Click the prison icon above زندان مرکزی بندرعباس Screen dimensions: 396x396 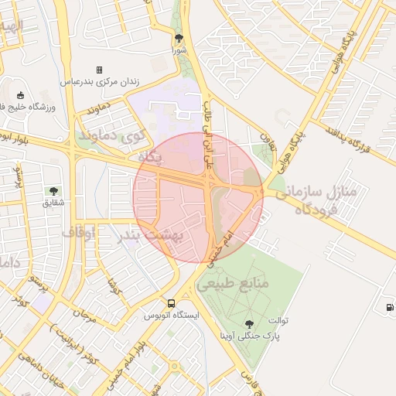coord(98,70)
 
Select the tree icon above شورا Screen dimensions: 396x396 coord(179,38)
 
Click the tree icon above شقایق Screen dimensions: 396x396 coord(53,191)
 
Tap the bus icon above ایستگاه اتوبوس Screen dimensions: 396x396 coord(171,304)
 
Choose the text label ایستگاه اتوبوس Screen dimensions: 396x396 coord(171,316)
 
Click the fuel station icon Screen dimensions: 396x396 coord(387,307)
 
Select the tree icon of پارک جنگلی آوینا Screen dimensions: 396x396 coord(250,324)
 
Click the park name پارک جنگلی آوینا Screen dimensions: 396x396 coord(250,336)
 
